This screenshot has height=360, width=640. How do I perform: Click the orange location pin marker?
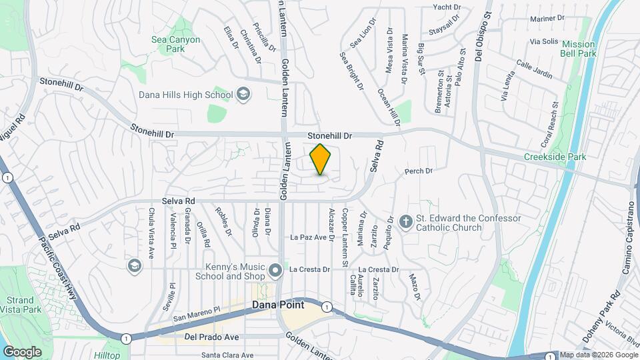point(321,159)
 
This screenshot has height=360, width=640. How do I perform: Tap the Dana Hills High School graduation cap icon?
point(243,94)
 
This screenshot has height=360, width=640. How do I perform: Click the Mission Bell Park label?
point(578,49)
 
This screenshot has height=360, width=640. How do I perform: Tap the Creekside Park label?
point(555,157)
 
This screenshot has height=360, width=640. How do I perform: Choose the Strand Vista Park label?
point(20,305)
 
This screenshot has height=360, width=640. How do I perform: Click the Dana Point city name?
point(278,305)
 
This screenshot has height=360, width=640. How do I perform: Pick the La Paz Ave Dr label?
point(312,237)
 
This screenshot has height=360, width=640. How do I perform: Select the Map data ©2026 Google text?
point(597,355)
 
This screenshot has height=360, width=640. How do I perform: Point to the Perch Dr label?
point(419,171)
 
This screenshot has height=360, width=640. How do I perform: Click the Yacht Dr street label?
point(447,7)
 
